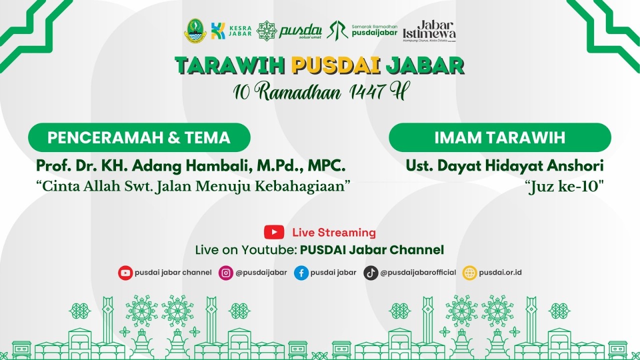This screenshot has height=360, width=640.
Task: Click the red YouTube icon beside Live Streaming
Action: [274, 232]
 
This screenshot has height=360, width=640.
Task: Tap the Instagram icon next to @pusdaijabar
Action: [226, 272]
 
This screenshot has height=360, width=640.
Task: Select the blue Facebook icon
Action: [301, 272]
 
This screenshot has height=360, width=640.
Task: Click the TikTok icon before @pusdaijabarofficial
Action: [370, 272]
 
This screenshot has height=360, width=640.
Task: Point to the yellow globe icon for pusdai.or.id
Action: [469, 272]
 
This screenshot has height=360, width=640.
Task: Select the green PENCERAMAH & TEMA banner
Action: [139, 137]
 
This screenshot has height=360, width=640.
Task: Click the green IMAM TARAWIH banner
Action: [499, 137]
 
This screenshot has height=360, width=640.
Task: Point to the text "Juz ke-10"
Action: [564, 187]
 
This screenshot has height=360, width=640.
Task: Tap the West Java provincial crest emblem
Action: [195, 30]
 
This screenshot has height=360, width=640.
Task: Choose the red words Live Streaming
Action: [334, 232]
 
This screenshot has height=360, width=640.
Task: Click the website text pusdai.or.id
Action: [500, 272]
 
